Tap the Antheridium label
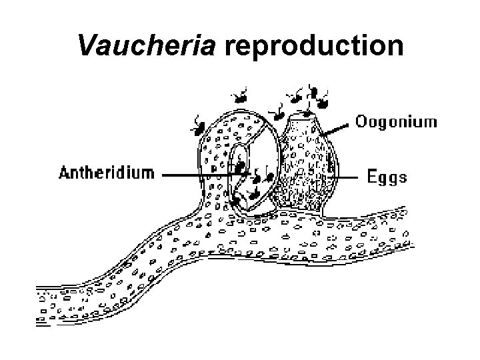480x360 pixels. click(x=107, y=174)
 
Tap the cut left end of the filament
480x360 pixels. click(x=39, y=307)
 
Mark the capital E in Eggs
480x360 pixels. click(x=373, y=177)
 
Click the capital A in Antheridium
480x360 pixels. click(x=65, y=174)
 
